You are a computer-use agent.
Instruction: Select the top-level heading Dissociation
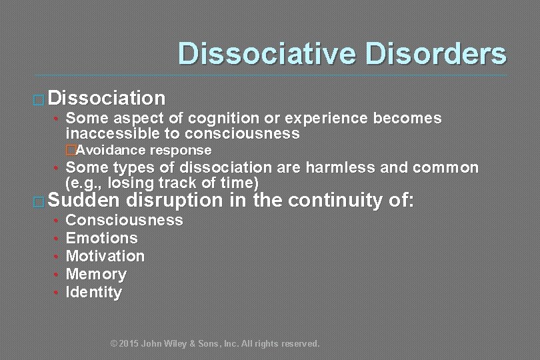coord(107,99)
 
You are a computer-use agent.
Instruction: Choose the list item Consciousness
coord(124,220)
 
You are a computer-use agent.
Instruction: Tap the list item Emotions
coord(101,238)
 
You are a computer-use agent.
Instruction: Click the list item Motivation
coord(105,256)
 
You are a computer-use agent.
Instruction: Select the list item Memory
coord(96,274)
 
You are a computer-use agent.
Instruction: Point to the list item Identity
coord(94,292)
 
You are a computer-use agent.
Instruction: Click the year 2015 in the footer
coord(129,344)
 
